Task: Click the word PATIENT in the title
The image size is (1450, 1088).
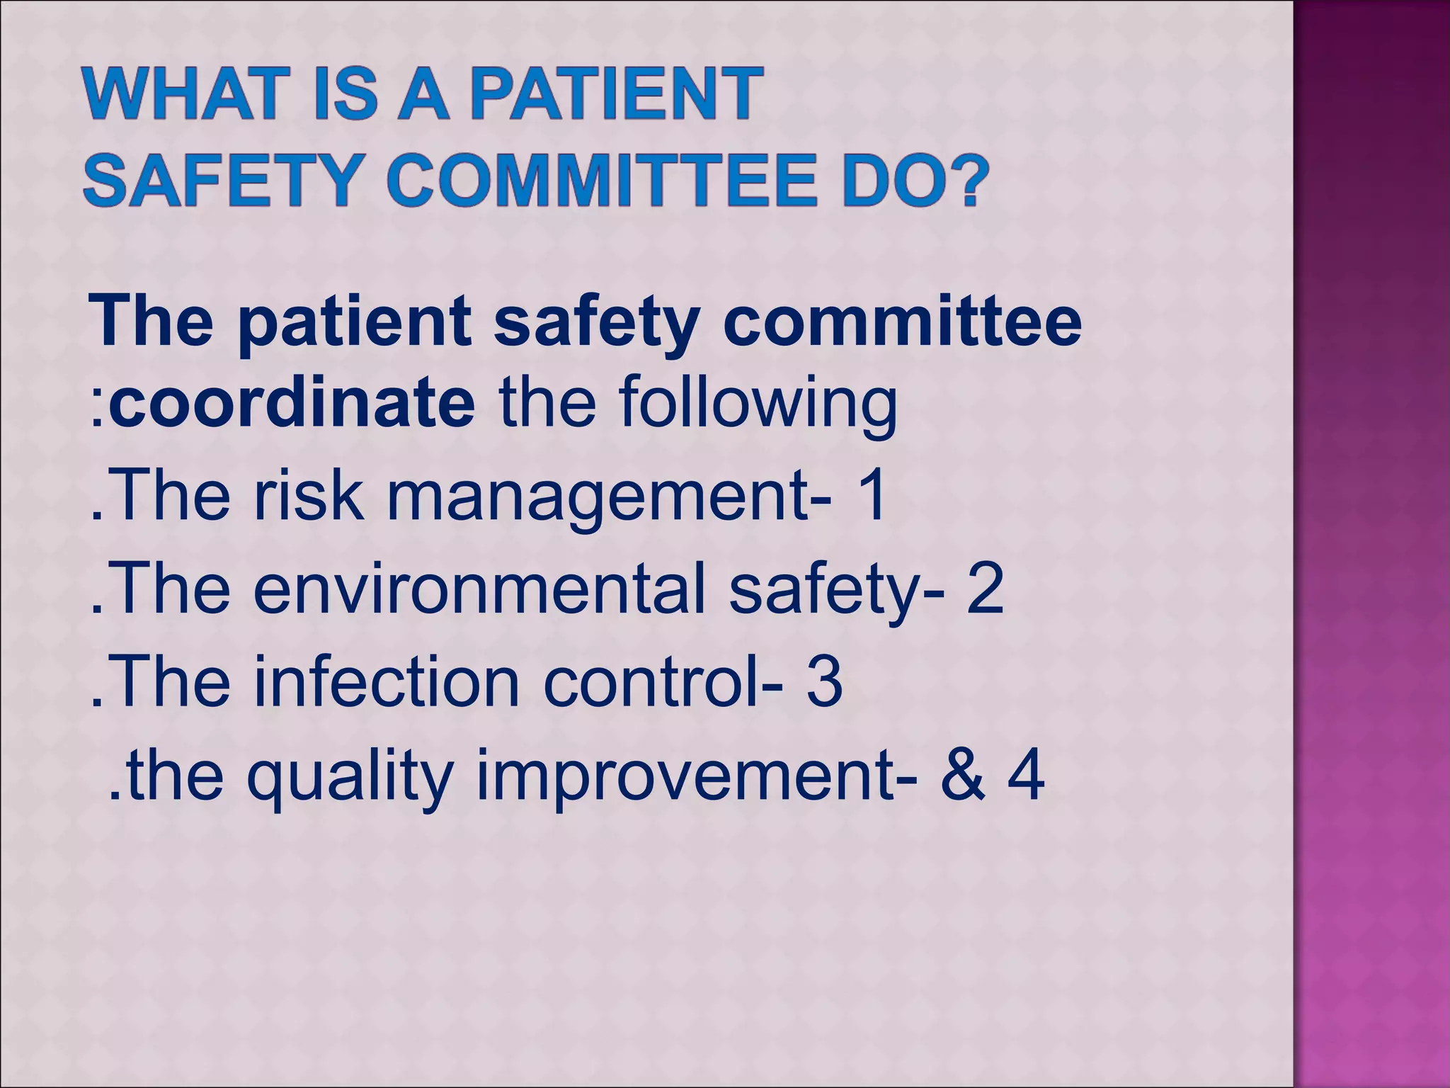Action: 616,94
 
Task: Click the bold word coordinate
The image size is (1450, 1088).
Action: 292,404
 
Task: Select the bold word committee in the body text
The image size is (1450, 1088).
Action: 902,322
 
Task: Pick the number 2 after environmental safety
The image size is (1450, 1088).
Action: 985,588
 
